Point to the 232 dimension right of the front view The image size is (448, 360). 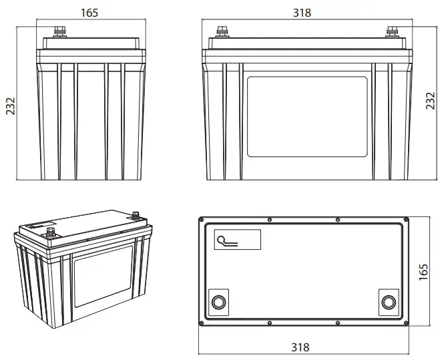431,102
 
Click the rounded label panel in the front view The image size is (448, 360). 307,116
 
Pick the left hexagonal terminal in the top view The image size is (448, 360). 218,303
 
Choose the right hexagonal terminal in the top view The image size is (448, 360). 388,303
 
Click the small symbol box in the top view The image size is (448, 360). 237,238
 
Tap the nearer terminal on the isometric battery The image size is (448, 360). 50,233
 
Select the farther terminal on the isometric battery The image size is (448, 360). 136,215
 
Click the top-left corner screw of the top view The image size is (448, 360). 202,218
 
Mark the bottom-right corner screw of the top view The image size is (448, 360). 406,321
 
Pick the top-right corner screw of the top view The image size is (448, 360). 406,218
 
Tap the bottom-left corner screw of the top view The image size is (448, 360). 202,321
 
